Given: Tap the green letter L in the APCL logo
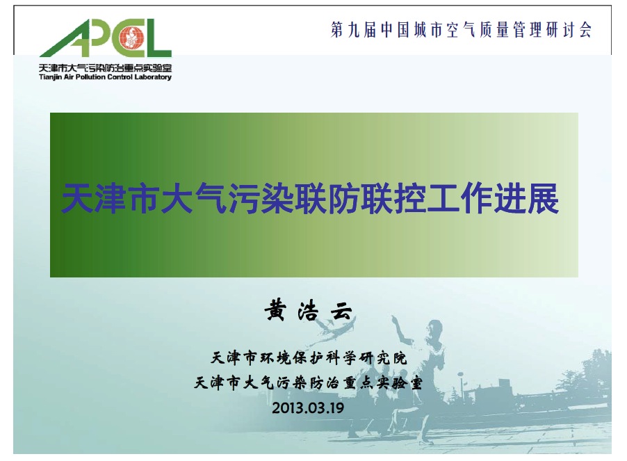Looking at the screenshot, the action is (x=158, y=38).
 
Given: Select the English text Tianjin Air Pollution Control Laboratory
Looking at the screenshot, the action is (x=105, y=77).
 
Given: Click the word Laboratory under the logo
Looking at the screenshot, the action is (x=153, y=77).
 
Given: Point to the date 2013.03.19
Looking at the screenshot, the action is (x=308, y=408).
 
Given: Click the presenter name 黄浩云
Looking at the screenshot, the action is (x=309, y=311).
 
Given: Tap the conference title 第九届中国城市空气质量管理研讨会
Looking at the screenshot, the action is (x=461, y=30).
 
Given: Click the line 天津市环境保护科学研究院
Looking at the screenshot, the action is (x=309, y=358).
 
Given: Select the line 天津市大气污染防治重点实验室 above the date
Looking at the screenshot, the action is (x=309, y=382).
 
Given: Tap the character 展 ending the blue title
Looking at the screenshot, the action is (x=543, y=199).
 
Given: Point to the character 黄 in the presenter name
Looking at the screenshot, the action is (x=275, y=311).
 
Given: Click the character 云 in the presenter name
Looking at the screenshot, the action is (x=342, y=312).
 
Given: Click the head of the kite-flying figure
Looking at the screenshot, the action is (x=434, y=329).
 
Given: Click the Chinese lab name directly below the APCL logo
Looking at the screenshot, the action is (x=105, y=68).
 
